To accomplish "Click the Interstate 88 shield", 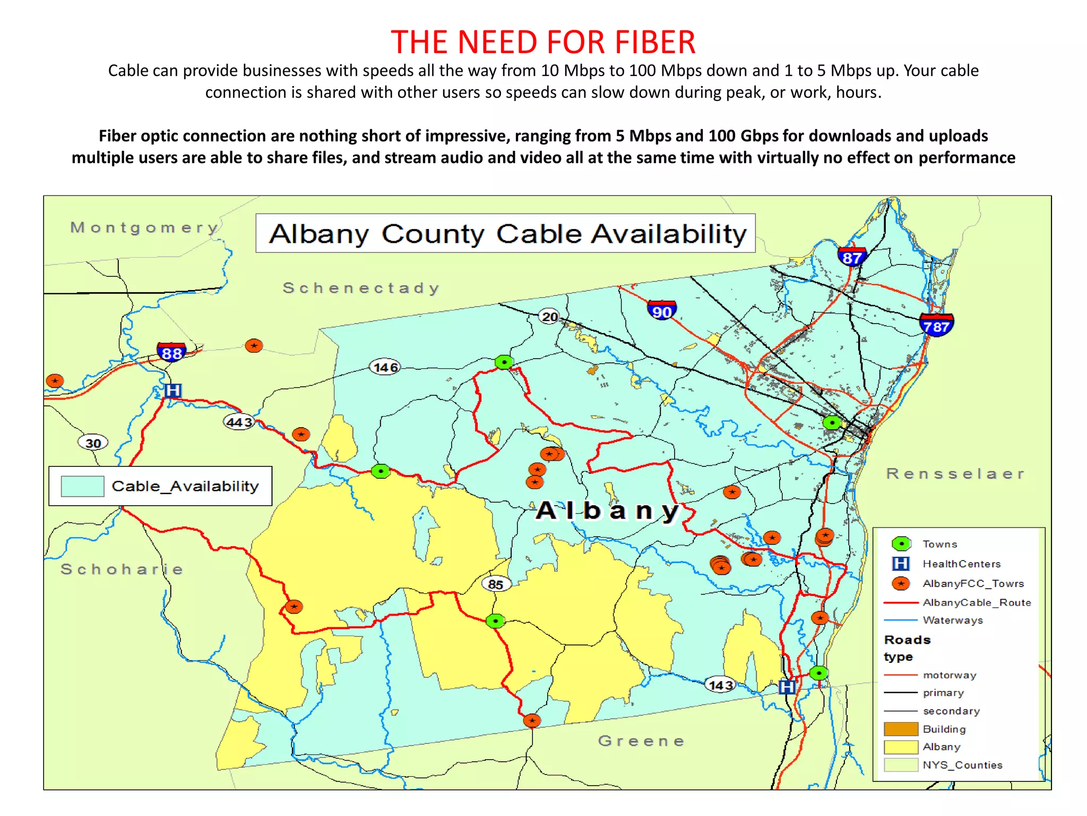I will tap(171, 352).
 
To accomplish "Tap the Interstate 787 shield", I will tap(936, 326).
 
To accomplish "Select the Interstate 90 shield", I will tap(661, 311).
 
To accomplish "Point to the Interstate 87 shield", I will tap(851, 257).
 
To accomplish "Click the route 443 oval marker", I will tap(239, 422).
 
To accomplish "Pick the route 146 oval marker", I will tap(385, 367).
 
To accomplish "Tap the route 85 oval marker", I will tap(496, 584).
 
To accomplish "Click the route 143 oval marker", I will tap(720, 685).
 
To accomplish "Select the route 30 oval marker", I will tap(93, 443).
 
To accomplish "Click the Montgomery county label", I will tap(144, 227).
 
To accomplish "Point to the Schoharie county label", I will tap(122, 569).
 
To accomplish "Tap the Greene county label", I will tap(641, 741).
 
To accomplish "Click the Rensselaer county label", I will tap(955, 473).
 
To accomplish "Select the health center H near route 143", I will tap(787, 687).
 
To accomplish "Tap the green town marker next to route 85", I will tap(495, 620).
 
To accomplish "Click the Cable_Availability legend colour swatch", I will tap(82, 486).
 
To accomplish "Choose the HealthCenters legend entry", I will tap(961, 564).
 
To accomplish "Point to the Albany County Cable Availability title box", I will tap(505, 233).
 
